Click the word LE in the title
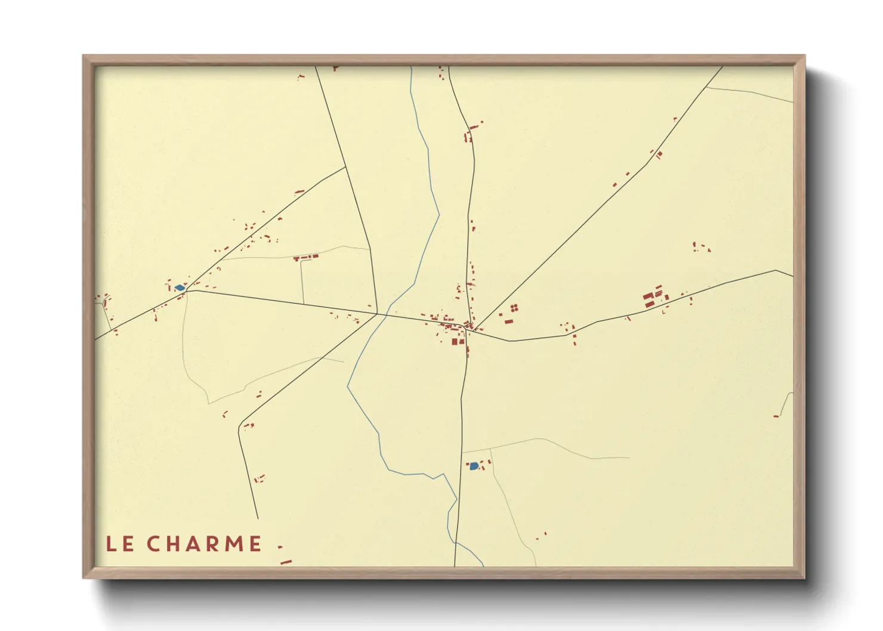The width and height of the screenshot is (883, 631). [119, 544]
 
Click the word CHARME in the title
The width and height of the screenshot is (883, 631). [204, 544]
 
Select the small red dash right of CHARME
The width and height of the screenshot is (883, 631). [280, 545]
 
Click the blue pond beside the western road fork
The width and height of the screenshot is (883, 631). [179, 288]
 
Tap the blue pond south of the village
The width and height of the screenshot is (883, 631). [474, 466]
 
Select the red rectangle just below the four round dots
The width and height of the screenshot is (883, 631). [509, 321]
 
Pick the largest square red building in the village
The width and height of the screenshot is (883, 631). [455, 342]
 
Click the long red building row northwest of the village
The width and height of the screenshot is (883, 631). [306, 258]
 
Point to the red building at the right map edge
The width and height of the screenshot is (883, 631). [776, 416]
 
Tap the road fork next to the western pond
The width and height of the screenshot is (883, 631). [187, 290]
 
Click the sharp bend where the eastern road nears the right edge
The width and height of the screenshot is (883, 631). [776, 270]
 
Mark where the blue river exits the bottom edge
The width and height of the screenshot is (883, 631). [482, 565]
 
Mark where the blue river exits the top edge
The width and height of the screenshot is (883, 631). [411, 67]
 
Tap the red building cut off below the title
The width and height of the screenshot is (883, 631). [286, 561]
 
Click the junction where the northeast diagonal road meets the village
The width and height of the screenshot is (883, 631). [474, 329]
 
